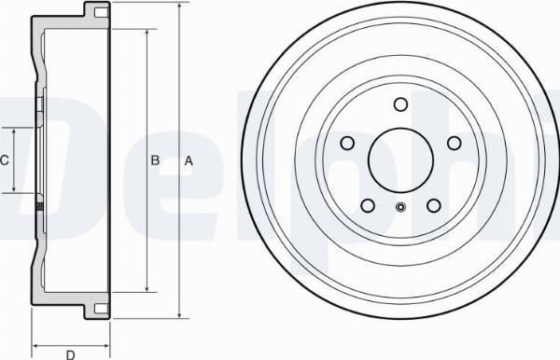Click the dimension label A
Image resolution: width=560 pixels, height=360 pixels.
[189, 160]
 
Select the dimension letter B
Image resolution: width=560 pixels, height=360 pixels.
[155, 160]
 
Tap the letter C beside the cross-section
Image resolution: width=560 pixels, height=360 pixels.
[4, 160]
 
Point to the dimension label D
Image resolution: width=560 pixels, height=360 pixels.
[70, 353]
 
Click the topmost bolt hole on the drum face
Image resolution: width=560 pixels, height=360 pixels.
[400, 104]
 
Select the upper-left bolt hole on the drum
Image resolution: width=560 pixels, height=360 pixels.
[347, 143]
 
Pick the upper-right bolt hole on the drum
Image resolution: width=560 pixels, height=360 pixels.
[454, 143]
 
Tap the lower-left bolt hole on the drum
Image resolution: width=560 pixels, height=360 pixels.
[368, 205]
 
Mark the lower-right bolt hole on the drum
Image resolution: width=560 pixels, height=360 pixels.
[433, 205]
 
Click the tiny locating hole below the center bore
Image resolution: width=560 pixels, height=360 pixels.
[400, 208]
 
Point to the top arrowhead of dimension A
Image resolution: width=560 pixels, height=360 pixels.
[176, 5]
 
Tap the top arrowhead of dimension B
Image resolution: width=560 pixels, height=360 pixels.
[146, 31]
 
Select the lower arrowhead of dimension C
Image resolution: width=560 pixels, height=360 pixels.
[16, 190]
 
